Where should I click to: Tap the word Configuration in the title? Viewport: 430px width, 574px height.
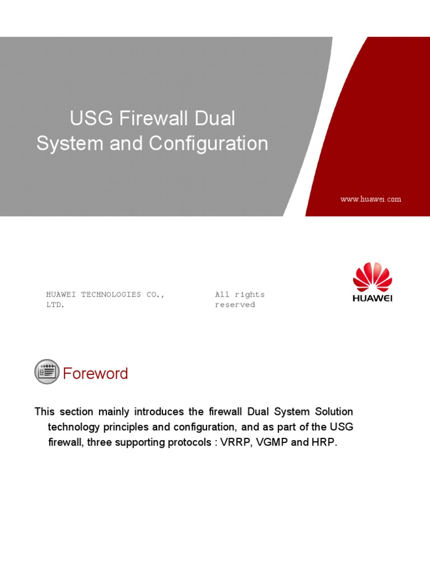[208, 143]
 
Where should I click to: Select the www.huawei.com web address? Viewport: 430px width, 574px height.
[371, 199]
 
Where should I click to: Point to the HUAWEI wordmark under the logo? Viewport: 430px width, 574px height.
[372, 298]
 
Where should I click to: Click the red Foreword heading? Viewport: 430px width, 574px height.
[95, 374]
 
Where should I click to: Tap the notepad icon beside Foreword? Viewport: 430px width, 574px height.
[46, 372]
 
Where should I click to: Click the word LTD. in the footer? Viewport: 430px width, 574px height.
[55, 305]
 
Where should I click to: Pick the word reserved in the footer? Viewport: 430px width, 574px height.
[235, 305]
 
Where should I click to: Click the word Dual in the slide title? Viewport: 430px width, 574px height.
[216, 119]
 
